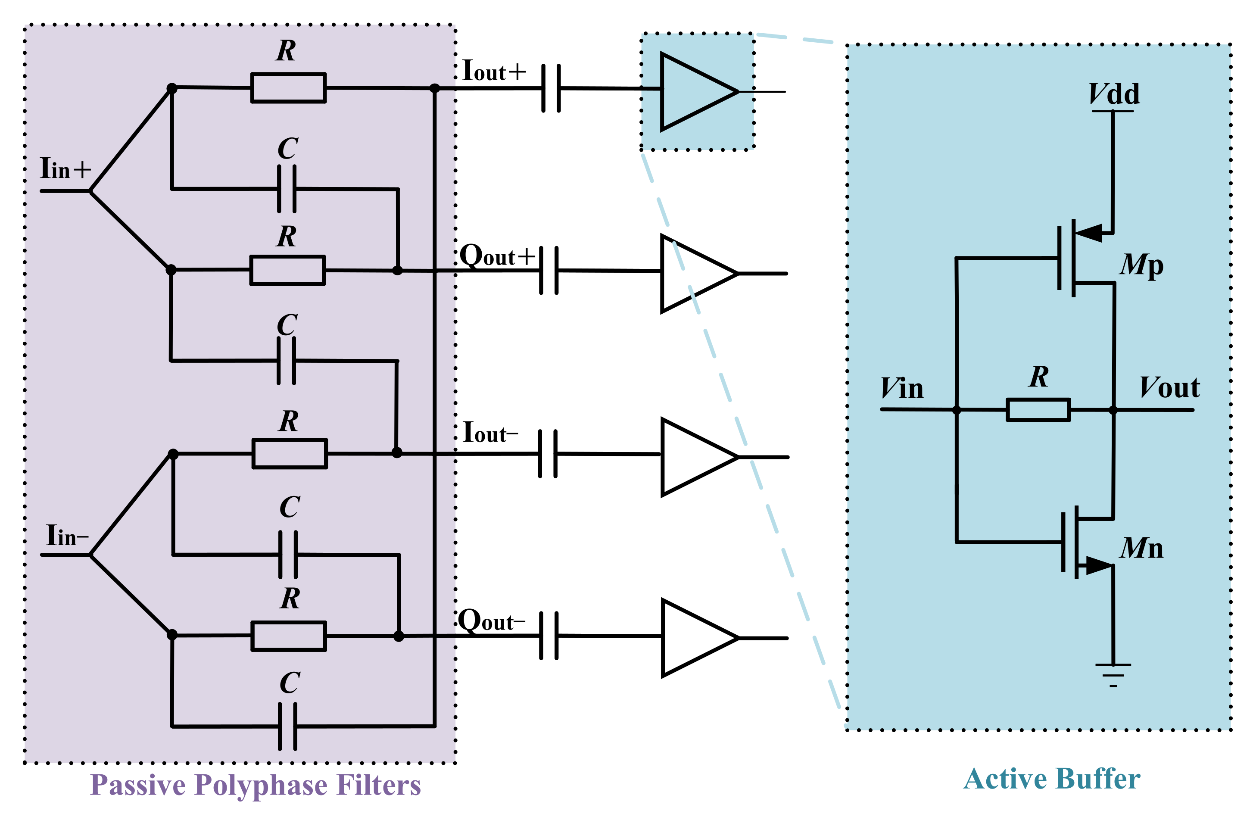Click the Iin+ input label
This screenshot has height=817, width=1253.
[x=65, y=169]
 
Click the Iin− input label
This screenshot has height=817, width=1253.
[x=67, y=536]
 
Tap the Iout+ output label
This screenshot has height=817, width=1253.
[x=493, y=71]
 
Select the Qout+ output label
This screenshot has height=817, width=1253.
[x=496, y=256]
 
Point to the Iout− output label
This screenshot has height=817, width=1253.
[x=489, y=433]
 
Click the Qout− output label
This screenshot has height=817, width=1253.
[x=491, y=621]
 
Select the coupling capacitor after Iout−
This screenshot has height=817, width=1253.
[x=548, y=453]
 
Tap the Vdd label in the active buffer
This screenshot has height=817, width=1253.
[x=1113, y=95]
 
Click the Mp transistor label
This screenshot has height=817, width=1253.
[x=1141, y=265]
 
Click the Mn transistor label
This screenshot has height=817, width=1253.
[x=1141, y=548]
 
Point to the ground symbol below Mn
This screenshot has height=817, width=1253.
[x=1113, y=674]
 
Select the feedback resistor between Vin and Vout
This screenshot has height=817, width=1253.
[x=1038, y=409]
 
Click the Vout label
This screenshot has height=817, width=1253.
[x=1169, y=387]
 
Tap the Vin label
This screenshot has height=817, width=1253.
[x=902, y=389]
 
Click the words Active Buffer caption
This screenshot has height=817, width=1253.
[x=1051, y=779]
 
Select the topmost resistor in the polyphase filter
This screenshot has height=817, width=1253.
[x=288, y=87]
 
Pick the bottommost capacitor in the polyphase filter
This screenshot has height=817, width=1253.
[x=287, y=726]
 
